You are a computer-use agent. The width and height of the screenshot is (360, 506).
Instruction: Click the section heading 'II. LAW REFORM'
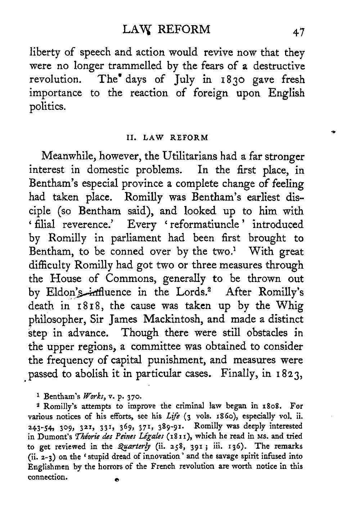click(x=167, y=137)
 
